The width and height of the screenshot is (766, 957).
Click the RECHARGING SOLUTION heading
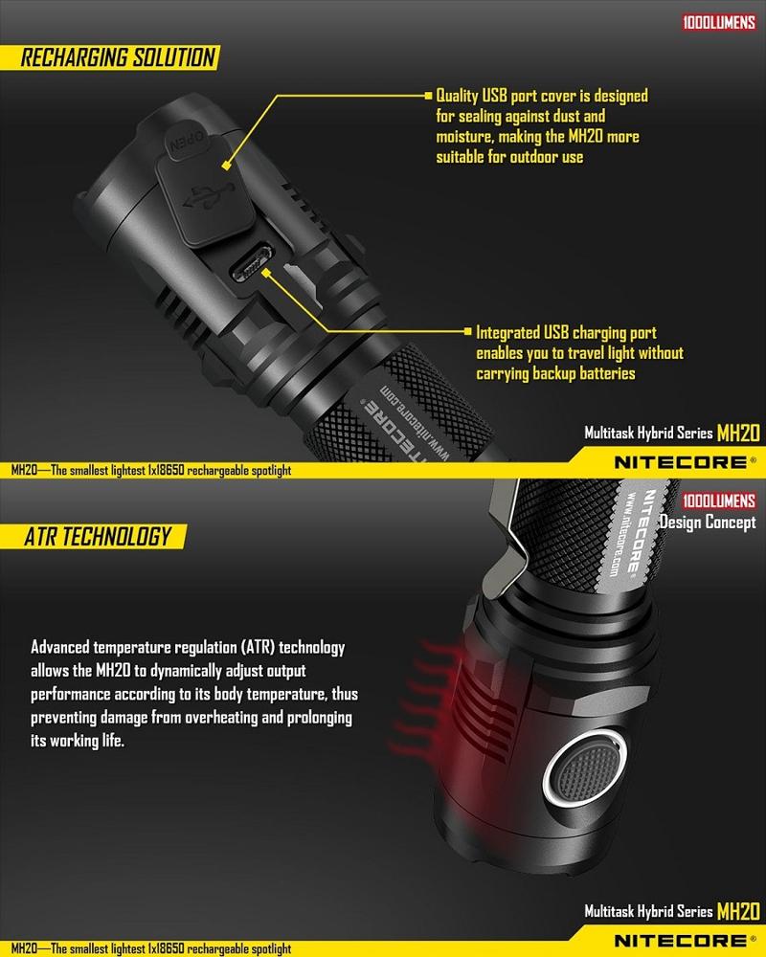(x=118, y=57)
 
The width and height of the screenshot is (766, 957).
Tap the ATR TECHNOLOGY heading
(x=98, y=537)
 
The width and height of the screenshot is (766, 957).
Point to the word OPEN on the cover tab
(x=187, y=142)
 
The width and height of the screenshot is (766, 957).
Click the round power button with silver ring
(x=584, y=769)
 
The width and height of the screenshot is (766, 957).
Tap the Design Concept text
(x=708, y=523)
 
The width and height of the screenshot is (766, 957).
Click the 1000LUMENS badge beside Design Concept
(x=719, y=501)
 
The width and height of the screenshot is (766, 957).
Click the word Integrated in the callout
(x=507, y=333)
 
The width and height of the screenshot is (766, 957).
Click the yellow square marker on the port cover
(x=226, y=166)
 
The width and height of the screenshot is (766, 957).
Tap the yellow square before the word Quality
(x=428, y=95)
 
